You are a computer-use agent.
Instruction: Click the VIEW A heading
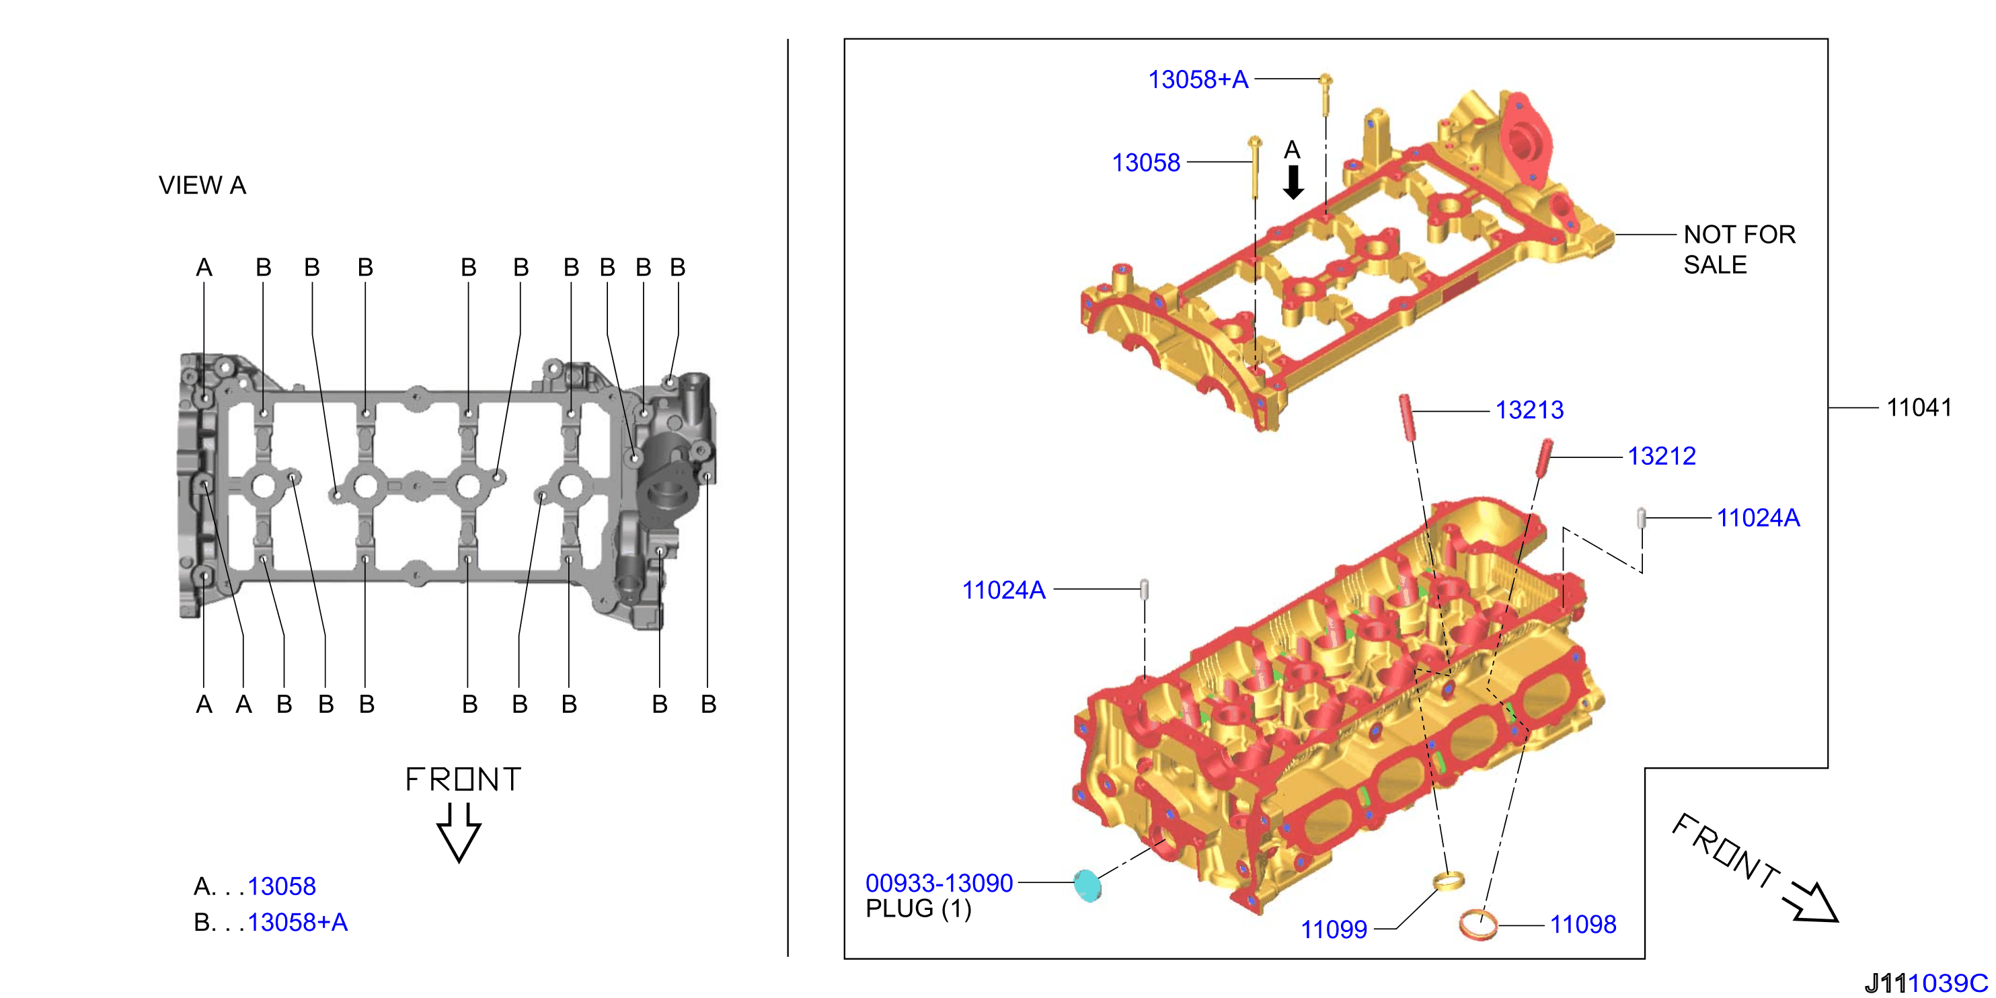[x=202, y=185]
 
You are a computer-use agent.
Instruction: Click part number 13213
[x=1529, y=410]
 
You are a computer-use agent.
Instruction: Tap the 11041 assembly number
[x=1919, y=407]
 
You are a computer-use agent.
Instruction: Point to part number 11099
[x=1334, y=929]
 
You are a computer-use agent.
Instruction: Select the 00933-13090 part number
[x=939, y=882]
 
